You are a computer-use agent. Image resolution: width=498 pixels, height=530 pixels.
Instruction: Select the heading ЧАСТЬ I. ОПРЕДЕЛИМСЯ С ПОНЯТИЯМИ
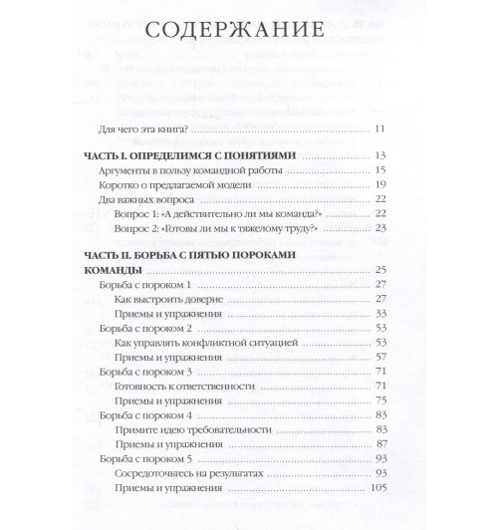(190, 156)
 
